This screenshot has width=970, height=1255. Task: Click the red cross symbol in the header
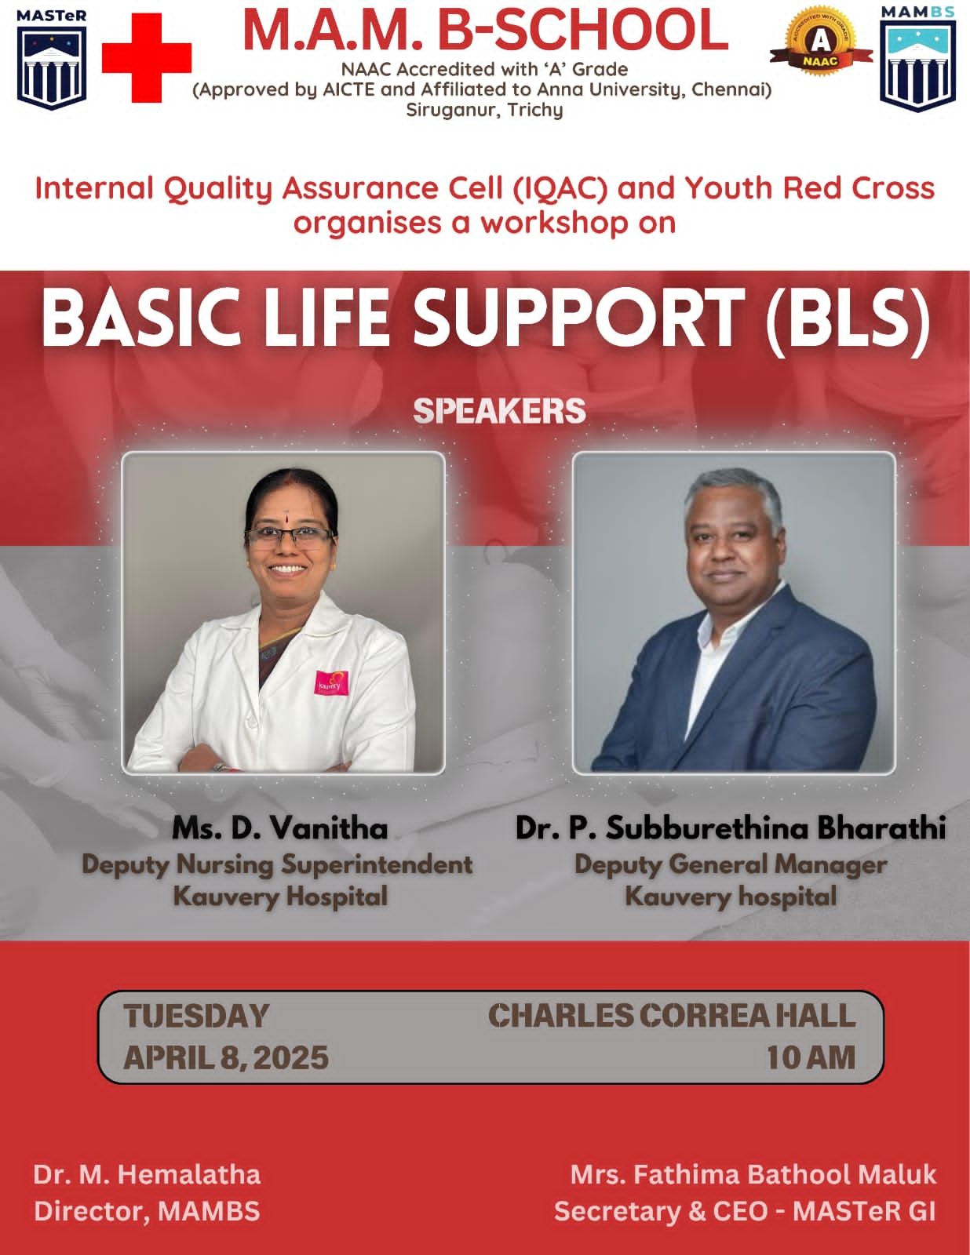point(147,58)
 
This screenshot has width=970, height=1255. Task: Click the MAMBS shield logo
point(918,58)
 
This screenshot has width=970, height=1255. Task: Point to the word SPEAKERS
point(500,411)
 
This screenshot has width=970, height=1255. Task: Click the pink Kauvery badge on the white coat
point(332,684)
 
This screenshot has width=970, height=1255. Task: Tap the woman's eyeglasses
point(288,538)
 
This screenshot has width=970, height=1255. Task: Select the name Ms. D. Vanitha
point(279,829)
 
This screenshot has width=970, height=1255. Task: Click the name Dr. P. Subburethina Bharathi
point(730,828)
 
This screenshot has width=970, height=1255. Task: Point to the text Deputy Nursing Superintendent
point(277,865)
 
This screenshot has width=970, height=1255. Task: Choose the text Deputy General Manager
point(731,865)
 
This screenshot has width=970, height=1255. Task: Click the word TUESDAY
point(196,1017)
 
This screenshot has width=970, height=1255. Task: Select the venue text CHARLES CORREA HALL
point(672,1016)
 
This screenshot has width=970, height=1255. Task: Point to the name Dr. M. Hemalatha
point(148,1175)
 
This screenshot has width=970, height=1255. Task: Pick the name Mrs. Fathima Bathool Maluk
point(753,1175)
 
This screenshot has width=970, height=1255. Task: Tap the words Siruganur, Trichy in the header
point(484,110)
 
